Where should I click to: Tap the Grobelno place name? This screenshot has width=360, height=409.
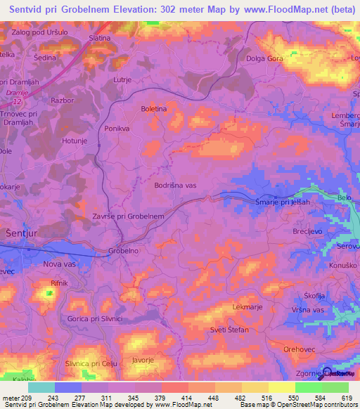click(124, 250)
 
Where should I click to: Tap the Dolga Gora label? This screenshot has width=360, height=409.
click(264, 58)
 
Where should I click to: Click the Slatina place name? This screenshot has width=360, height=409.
click(100, 37)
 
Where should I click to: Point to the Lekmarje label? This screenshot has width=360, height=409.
click(247, 307)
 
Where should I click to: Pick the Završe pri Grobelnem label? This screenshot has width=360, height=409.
click(128, 216)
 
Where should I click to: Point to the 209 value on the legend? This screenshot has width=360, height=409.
click(27, 396)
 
